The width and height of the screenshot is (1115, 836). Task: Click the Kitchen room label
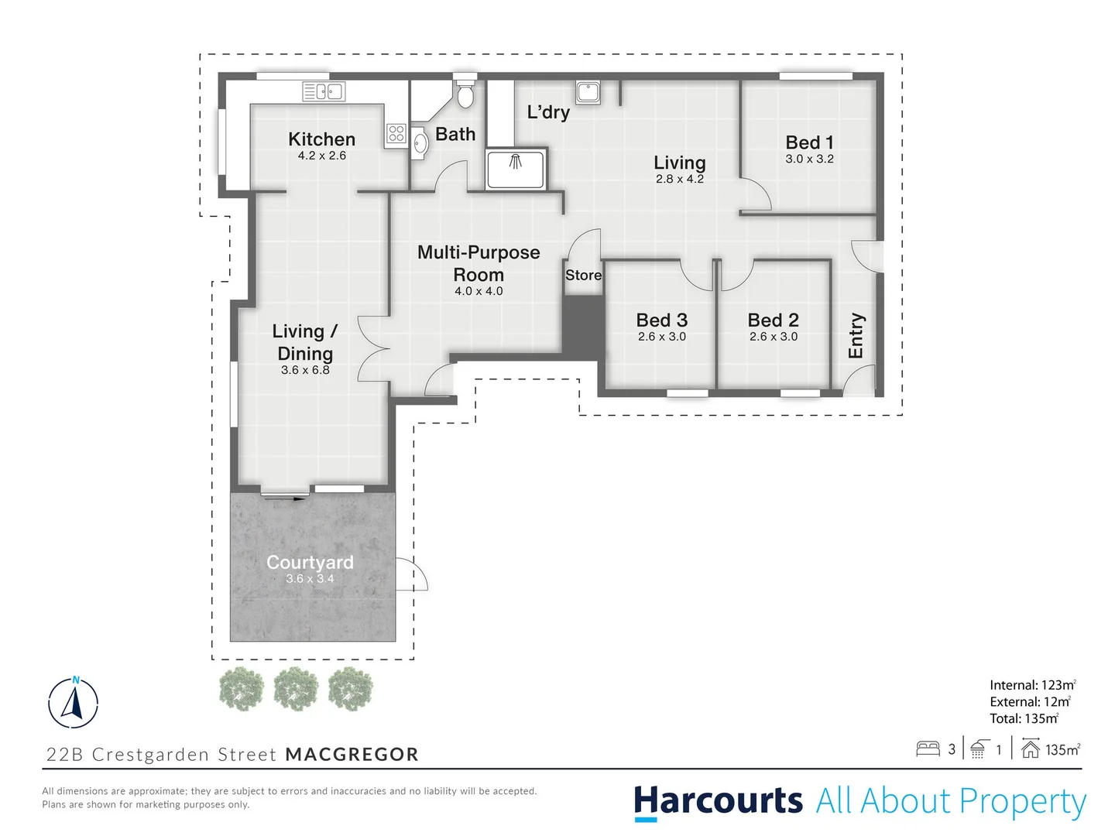[321, 139]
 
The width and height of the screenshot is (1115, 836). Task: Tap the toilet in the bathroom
[465, 94]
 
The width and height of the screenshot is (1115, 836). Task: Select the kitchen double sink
[324, 92]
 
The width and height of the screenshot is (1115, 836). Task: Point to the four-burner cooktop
[396, 134]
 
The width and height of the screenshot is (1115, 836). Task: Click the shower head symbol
[515, 162]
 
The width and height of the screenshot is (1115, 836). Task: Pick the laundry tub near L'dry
[588, 93]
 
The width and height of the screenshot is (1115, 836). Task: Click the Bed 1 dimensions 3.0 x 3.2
[809, 159]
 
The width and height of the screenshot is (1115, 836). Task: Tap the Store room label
[583, 276]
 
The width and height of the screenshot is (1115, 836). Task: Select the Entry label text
[856, 335]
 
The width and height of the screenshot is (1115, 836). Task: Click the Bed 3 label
[661, 320]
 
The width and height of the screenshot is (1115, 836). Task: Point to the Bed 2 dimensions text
[773, 337]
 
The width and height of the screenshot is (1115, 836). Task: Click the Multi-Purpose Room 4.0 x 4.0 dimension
[479, 292]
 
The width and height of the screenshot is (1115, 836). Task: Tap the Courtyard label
[310, 563]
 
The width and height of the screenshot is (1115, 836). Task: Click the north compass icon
[74, 703]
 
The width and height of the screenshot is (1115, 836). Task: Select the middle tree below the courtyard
[296, 688]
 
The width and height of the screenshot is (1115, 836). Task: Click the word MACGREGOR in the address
[352, 755]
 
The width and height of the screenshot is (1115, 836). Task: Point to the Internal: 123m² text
[1032, 685]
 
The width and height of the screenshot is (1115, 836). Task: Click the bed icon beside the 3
[928, 749]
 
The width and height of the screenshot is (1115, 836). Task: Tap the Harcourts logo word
[718, 801]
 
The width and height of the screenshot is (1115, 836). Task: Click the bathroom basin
[420, 143]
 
